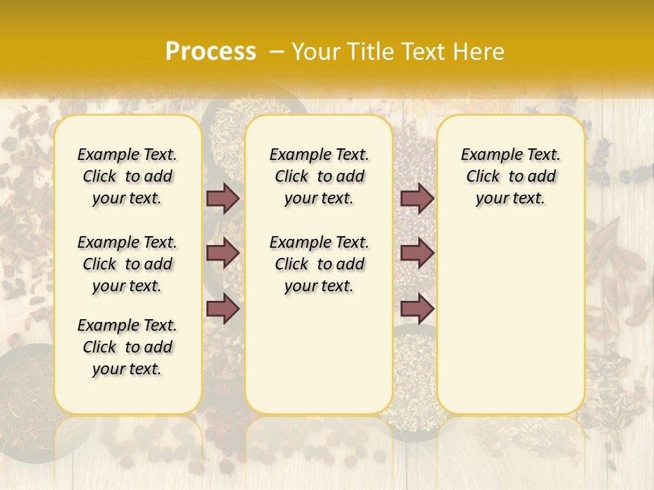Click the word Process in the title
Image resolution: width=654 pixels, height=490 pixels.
[211, 52]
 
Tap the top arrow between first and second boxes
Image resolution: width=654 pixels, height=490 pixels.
[223, 198]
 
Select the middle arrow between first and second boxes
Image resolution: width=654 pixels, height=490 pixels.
[223, 253]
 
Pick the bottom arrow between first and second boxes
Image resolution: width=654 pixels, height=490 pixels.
[223, 309]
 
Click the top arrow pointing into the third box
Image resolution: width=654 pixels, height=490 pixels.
[417, 198]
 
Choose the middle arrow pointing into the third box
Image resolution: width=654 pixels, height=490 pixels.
[417, 253]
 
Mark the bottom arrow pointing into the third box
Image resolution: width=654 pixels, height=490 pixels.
[417, 309]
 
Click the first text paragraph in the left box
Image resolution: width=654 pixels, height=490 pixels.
[127, 176]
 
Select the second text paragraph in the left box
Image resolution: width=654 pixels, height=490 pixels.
[127, 264]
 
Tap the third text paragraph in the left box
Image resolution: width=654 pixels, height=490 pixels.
[127, 347]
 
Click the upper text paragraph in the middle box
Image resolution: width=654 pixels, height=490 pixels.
[319, 176]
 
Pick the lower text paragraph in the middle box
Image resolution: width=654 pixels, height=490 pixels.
[319, 264]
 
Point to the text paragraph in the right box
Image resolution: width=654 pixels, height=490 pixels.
[510, 176]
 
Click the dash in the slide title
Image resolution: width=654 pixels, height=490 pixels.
[277, 52]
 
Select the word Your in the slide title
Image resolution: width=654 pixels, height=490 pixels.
[314, 52]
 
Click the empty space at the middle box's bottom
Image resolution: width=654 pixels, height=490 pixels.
[319, 361]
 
